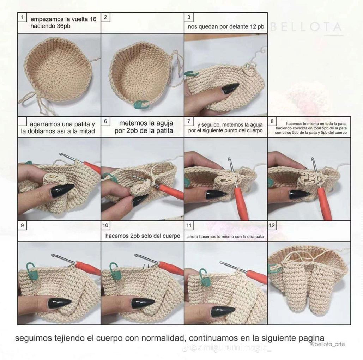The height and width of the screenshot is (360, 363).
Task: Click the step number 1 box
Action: [x=22, y=17]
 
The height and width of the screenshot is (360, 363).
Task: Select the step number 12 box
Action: [x=272, y=225]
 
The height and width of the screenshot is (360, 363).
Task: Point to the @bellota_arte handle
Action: [x=327, y=344]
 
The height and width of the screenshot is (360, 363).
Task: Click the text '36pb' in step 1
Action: [x=62, y=26]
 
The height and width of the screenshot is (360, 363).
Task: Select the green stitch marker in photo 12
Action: [x=274, y=269]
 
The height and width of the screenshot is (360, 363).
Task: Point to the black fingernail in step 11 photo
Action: [x=223, y=311]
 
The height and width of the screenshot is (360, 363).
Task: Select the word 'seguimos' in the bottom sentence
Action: [x=33, y=337]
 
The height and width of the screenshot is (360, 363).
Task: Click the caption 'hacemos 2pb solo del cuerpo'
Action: [x=143, y=236]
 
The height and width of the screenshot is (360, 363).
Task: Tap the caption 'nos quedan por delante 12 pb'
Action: [x=226, y=26]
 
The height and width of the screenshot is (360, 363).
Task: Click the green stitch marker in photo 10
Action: [x=114, y=269]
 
